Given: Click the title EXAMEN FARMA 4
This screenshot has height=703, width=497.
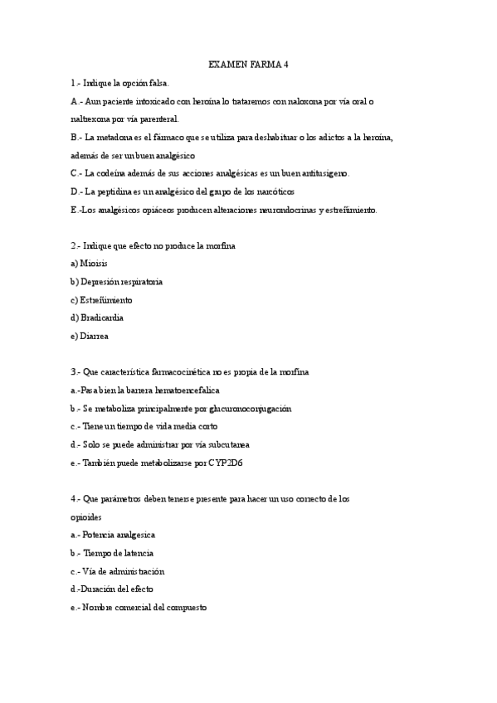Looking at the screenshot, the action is (247, 65).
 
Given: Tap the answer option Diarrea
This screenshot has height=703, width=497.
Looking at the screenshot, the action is (95, 336).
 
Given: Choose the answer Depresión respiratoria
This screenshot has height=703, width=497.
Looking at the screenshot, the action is (121, 282).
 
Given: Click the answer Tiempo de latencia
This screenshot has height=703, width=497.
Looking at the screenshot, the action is (118, 553).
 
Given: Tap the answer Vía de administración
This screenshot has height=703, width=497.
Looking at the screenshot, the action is (123, 571).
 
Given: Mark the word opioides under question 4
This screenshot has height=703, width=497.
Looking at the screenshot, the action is (87, 516).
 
